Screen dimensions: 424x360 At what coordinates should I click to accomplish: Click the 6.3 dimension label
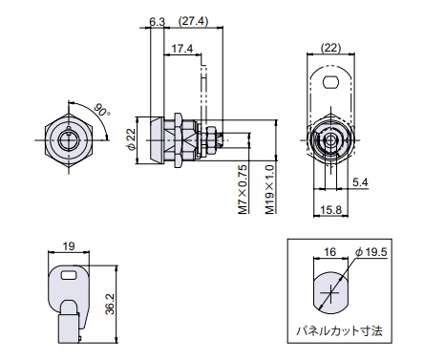tap(158, 22)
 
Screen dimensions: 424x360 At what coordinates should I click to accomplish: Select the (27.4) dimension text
tap(193, 21)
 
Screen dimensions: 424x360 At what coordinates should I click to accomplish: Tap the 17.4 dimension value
tap(182, 49)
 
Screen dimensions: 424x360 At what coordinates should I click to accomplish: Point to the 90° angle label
tap(102, 110)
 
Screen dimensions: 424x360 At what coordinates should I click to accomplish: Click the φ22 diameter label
tap(131, 139)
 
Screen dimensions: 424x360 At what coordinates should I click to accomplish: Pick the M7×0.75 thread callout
tap(243, 189)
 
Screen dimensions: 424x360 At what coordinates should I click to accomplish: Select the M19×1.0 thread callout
tap(269, 189)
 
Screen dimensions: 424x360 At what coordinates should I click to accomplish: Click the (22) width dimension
tap(330, 48)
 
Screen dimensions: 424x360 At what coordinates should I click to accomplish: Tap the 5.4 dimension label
tap(360, 182)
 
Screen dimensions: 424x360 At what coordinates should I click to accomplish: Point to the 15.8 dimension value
tap(331, 210)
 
